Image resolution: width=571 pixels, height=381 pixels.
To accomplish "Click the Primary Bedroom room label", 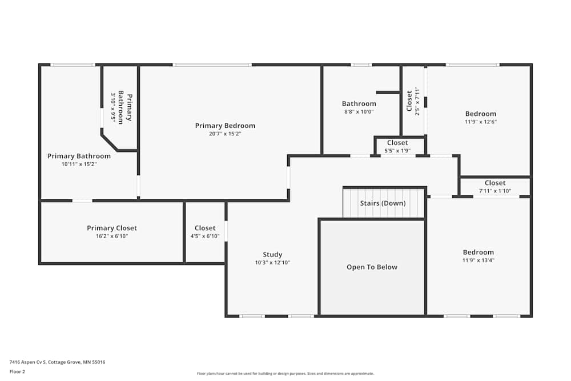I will tap(225, 126).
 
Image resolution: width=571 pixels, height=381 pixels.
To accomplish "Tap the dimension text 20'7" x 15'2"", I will tap(225, 134).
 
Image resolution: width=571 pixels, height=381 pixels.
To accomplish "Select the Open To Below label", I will tap(372, 267).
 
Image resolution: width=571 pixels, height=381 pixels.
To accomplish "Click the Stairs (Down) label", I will tap(383, 203).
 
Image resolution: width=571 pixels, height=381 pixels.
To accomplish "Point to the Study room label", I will tap(272, 255).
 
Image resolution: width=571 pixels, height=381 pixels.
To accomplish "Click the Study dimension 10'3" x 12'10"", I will tap(272, 263).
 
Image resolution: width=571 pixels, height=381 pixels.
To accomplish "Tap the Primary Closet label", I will tap(112, 228).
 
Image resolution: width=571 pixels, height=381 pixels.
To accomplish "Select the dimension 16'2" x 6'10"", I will tap(112, 236).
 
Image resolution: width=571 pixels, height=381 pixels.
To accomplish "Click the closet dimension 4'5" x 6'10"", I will tap(205, 236).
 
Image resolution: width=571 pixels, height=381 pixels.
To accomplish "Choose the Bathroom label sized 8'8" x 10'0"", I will tap(359, 103).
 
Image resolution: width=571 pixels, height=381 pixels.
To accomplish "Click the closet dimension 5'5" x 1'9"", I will tap(397, 151).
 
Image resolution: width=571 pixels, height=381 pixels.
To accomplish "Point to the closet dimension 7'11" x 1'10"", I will tap(495, 191).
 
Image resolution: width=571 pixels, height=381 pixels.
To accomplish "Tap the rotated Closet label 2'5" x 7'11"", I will tap(409, 101).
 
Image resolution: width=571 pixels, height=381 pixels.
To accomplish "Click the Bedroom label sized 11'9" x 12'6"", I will tap(480, 114).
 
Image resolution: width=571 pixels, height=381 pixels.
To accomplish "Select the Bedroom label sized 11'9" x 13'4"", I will tap(478, 252).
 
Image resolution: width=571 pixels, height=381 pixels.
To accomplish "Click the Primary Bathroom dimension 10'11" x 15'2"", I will tap(79, 164).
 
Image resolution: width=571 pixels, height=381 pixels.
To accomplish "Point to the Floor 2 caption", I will tap(17, 371).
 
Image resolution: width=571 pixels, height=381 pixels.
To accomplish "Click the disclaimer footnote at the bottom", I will tap(285, 374).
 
